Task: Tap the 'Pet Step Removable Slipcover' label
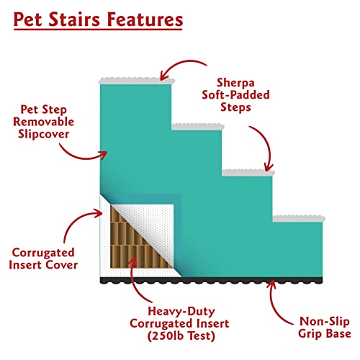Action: [x=45, y=120]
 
